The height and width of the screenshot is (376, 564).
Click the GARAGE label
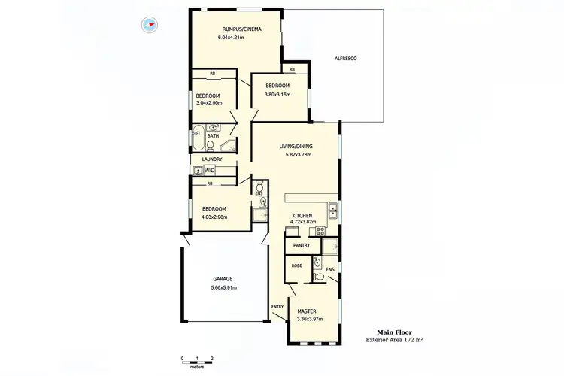tap(222, 279)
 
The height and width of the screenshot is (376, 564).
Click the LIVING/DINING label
tap(296, 146)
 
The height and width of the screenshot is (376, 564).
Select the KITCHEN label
tap(302, 216)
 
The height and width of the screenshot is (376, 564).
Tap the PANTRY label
tap(302, 245)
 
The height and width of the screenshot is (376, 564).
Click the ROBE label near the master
tap(296, 265)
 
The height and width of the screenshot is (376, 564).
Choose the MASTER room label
tap(306, 311)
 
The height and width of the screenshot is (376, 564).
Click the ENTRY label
tap(277, 306)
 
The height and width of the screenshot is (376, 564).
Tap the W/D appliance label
tap(210, 171)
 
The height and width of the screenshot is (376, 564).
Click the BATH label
tap(213, 136)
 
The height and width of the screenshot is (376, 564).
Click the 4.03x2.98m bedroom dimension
tap(214, 218)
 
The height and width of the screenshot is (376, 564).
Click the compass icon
tap(148, 24)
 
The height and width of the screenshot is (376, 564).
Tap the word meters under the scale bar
tap(197, 368)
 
